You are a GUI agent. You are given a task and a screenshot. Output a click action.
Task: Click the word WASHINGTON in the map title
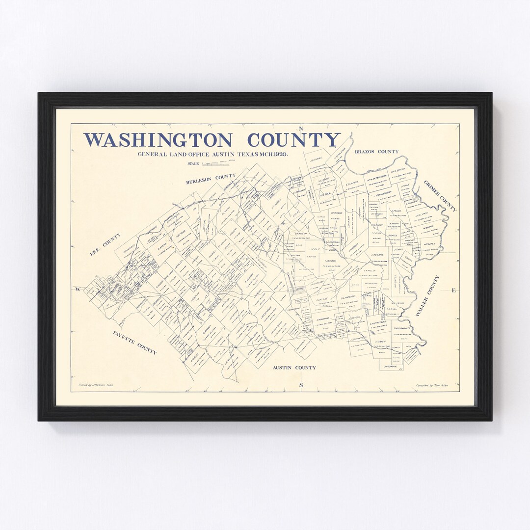click(157, 140)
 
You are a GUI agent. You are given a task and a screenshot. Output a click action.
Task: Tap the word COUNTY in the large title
click(293, 140)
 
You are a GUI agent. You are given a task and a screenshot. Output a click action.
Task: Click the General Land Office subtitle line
click(212, 154)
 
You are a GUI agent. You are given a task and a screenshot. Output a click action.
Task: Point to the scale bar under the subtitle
click(216, 163)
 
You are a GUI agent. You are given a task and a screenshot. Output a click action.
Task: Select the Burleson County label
click(211, 179)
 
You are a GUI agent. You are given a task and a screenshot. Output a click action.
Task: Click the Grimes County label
click(440, 196)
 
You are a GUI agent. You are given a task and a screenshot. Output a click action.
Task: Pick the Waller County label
click(427, 295)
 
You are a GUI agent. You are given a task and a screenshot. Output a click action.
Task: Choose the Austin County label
click(294, 367)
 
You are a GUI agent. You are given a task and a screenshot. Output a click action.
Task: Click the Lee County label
click(105, 244)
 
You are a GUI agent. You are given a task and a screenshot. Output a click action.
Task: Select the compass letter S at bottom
click(301, 385)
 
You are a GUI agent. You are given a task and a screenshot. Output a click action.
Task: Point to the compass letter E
click(453, 291)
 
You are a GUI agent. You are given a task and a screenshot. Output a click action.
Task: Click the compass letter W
click(78, 290)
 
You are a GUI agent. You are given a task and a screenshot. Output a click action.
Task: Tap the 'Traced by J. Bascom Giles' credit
click(96, 385)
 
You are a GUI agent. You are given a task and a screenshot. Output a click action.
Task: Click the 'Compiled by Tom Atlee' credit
click(431, 385)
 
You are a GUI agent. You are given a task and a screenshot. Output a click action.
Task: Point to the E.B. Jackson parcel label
click(384, 193)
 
